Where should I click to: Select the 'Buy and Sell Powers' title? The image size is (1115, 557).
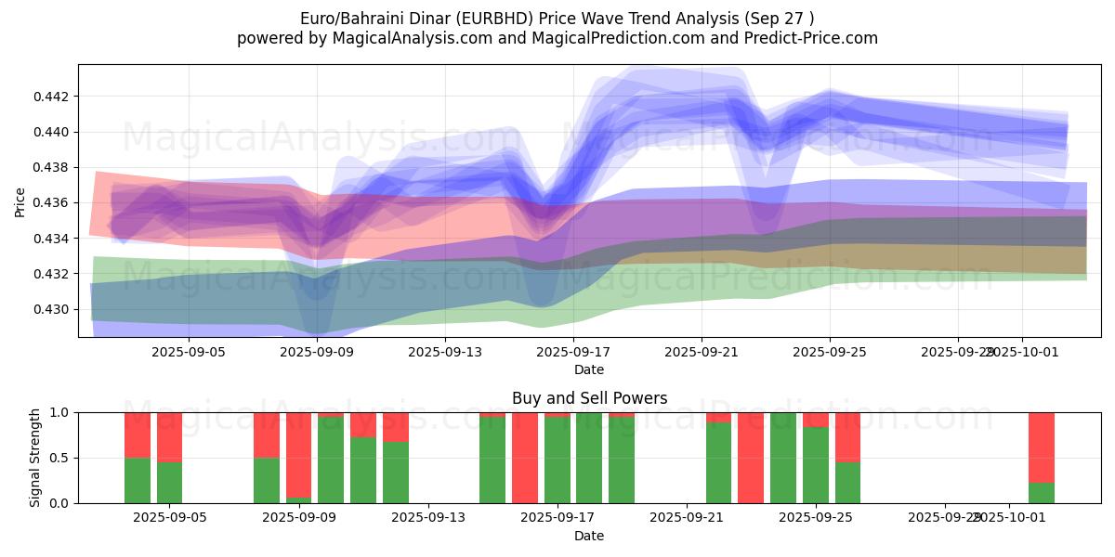tap(589, 398)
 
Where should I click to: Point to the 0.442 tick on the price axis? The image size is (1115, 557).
tap(51, 97)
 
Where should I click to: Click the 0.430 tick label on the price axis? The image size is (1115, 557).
tap(51, 309)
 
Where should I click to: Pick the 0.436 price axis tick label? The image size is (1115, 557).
tap(51, 202)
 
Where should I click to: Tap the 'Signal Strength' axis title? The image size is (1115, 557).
tap(35, 458)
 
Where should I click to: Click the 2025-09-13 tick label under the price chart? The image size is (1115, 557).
tap(445, 352)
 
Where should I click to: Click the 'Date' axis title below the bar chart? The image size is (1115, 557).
tap(589, 536)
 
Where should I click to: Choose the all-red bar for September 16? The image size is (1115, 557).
tap(525, 458)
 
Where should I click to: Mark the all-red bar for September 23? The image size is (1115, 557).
tap(751, 458)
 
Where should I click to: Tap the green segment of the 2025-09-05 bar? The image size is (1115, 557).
tap(169, 482)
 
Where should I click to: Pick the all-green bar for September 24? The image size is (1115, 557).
tap(783, 458)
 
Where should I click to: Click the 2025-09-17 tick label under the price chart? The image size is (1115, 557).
tap(573, 352)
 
